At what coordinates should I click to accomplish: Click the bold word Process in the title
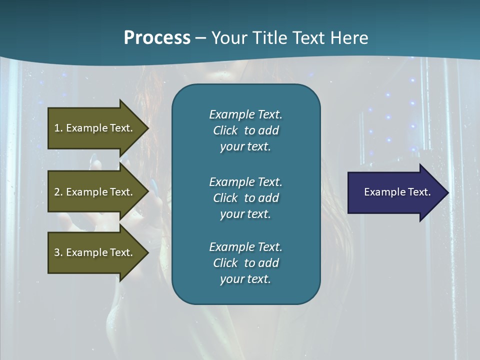pyautogui.click(x=157, y=38)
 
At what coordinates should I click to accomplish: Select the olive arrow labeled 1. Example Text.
pyautogui.click(x=95, y=128)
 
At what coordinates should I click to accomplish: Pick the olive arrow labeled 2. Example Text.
pyautogui.click(x=95, y=192)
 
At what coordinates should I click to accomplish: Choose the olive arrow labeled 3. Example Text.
pyautogui.click(x=95, y=252)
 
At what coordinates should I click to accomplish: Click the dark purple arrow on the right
pyautogui.click(x=395, y=192)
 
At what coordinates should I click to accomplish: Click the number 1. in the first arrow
pyautogui.click(x=58, y=128)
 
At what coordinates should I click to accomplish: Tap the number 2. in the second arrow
pyautogui.click(x=58, y=192)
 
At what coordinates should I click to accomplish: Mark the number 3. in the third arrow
pyautogui.click(x=58, y=252)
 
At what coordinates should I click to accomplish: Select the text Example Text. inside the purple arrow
pyautogui.click(x=397, y=192)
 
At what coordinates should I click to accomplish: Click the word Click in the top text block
pyautogui.click(x=225, y=130)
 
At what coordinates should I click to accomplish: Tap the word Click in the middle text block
pyautogui.click(x=225, y=198)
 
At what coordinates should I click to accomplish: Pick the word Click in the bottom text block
pyautogui.click(x=225, y=263)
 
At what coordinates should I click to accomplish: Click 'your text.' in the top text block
pyautogui.click(x=245, y=146)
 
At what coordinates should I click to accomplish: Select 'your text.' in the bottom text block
pyautogui.click(x=245, y=279)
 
